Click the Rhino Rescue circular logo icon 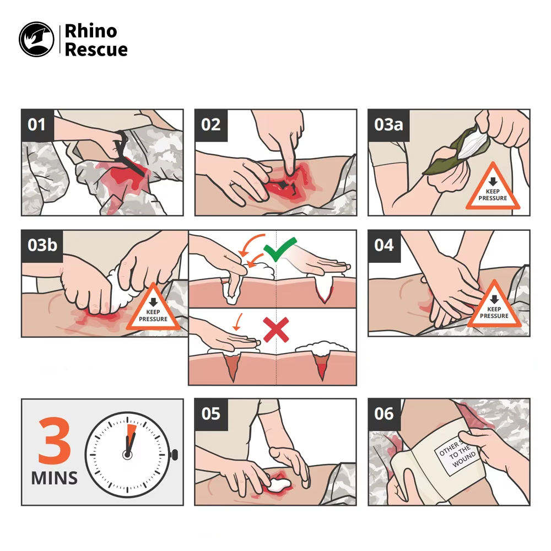(x=36, y=39)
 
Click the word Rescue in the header (x=96, y=50)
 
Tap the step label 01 (x=36, y=125)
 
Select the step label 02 (x=211, y=125)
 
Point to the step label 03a (x=388, y=125)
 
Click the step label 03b (x=42, y=245)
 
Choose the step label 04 (x=384, y=245)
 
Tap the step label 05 (x=211, y=414)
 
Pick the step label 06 (x=384, y=414)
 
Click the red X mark (x=277, y=329)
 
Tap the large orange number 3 (x=55, y=440)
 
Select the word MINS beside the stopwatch (x=55, y=478)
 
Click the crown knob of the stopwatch (x=174, y=455)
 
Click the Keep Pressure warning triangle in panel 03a (x=493, y=188)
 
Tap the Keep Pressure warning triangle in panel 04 (x=494, y=306)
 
